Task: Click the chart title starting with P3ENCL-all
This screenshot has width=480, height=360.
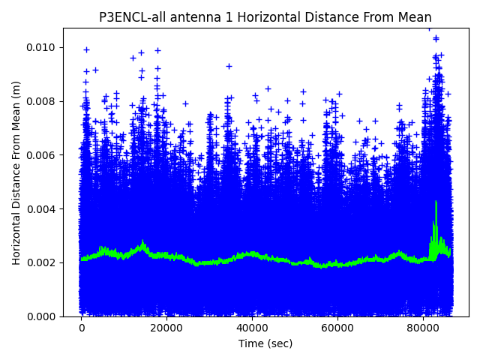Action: pyautogui.click(x=265, y=17)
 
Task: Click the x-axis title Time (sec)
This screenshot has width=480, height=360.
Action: pyautogui.click(x=265, y=343)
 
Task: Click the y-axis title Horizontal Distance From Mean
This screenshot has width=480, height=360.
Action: pyautogui.click(x=17, y=172)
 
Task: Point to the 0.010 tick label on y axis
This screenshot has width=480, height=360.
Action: pyautogui.click(x=42, y=48)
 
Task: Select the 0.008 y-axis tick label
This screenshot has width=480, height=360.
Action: pyautogui.click(x=42, y=101)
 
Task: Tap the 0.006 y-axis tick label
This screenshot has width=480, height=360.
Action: pyautogui.click(x=42, y=155)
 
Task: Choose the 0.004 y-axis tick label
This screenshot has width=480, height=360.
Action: pyautogui.click(x=42, y=209)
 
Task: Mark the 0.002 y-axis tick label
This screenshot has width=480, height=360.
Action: pyautogui.click(x=42, y=262)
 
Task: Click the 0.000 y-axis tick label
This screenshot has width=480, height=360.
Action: pyautogui.click(x=42, y=316)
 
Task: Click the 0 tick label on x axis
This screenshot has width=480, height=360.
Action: pyautogui.click(x=82, y=328)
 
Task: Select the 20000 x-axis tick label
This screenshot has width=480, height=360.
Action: pyautogui.click(x=166, y=328)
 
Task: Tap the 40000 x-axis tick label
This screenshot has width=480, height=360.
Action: pyautogui.click(x=252, y=328)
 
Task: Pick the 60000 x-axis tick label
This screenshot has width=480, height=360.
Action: pyautogui.click(x=337, y=328)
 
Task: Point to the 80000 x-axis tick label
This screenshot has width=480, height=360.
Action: pyautogui.click(x=422, y=328)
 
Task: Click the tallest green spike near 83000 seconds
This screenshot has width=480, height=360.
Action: pyautogui.click(x=436, y=202)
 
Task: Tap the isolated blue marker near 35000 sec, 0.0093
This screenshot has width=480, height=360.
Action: pyautogui.click(x=229, y=66)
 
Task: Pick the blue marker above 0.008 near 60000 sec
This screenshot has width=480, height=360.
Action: pyautogui.click(x=339, y=94)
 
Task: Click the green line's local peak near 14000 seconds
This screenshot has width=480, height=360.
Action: pyautogui.click(x=142, y=243)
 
